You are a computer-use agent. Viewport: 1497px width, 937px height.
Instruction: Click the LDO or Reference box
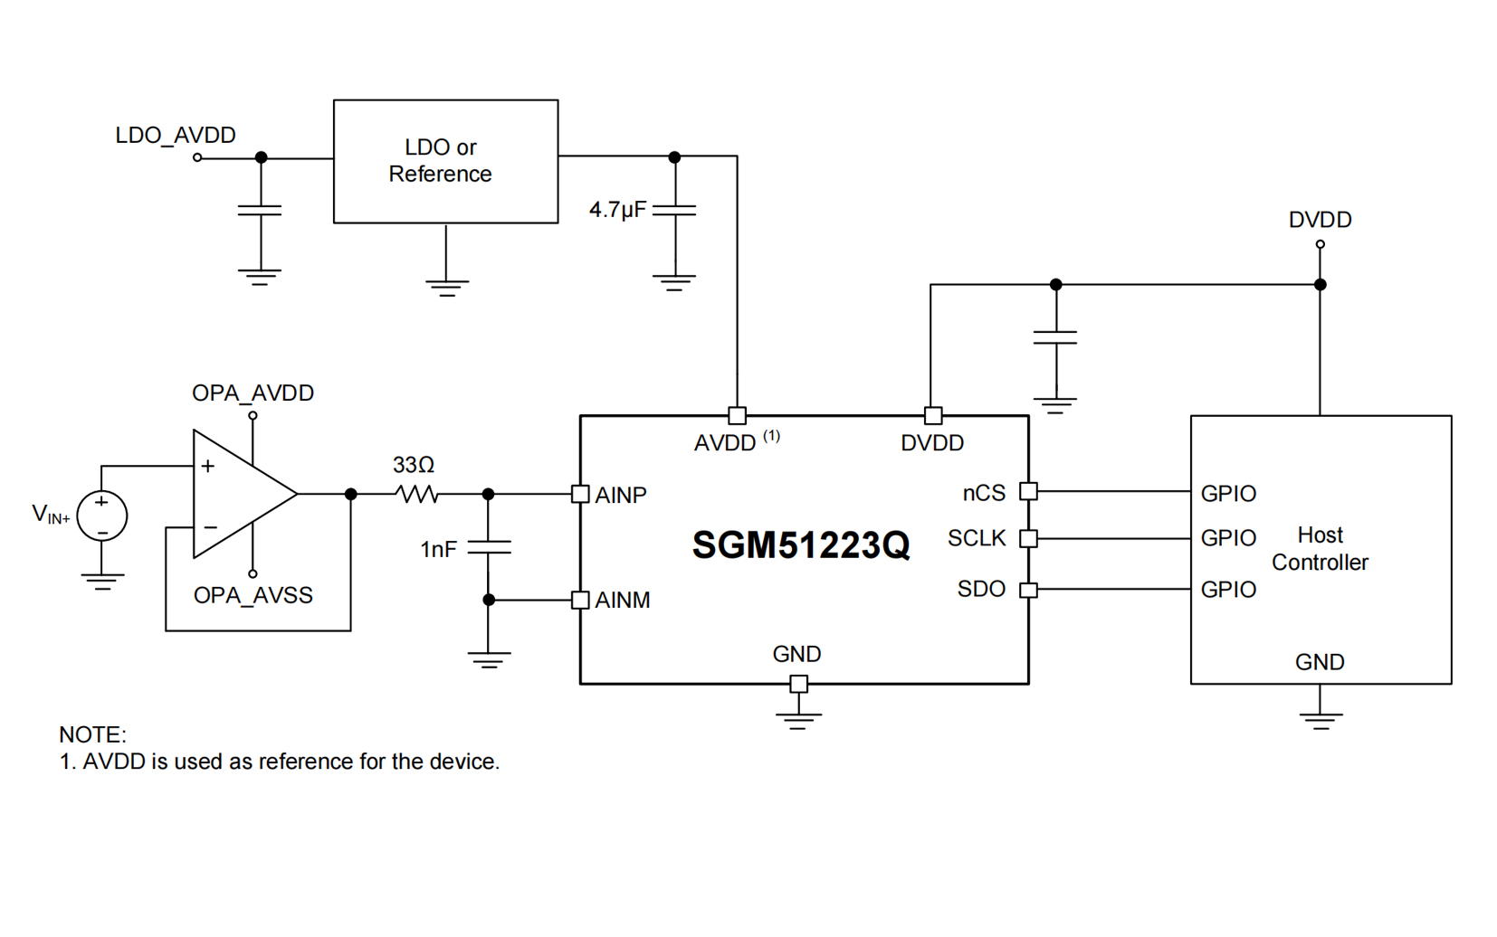[445, 161]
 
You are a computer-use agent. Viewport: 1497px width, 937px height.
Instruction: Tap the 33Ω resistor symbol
[417, 494]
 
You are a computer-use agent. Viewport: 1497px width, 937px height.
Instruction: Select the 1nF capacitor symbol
[489, 547]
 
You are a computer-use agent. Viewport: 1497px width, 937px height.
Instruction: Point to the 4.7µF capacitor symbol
[674, 210]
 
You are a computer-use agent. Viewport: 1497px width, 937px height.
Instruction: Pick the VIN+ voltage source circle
[102, 516]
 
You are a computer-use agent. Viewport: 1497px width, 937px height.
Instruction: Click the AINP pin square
[581, 494]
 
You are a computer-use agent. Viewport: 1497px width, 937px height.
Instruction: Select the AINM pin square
[581, 600]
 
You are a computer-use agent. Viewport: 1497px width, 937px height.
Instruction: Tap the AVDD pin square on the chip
[738, 416]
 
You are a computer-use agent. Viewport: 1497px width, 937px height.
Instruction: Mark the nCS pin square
[1028, 491]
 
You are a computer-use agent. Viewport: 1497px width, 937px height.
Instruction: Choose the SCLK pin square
[1028, 538]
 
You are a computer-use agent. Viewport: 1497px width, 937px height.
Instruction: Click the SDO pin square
[1028, 590]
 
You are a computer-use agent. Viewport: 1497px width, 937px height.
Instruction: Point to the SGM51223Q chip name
[801, 545]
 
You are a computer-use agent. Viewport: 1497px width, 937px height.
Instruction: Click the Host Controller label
[1320, 549]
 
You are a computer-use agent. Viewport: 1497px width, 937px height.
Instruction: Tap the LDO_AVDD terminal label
[176, 136]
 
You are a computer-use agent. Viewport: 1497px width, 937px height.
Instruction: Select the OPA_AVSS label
[253, 596]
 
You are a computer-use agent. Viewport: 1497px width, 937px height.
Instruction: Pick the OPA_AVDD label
[253, 393]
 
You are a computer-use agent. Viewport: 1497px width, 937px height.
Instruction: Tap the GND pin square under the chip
[798, 684]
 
